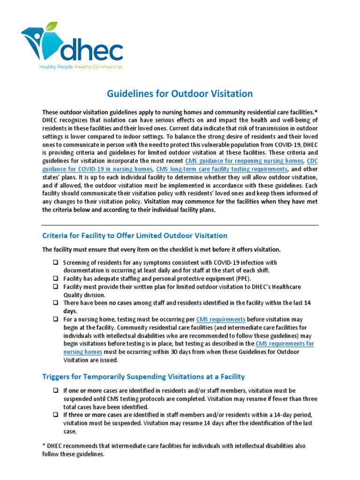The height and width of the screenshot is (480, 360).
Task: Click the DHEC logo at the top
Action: (x=72, y=47)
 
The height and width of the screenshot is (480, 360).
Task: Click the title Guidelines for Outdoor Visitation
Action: (x=180, y=94)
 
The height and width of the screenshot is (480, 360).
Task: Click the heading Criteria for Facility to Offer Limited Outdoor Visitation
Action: (x=135, y=235)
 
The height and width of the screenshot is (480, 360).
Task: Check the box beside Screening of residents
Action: (x=55, y=262)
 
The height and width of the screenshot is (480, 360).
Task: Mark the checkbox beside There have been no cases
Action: (x=55, y=303)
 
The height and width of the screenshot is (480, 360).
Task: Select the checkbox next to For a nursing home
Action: (x=55, y=319)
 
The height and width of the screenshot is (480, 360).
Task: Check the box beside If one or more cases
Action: (x=55, y=390)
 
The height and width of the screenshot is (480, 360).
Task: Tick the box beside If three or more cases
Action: (x=55, y=415)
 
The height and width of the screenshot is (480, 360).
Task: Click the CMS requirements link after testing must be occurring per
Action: (x=221, y=319)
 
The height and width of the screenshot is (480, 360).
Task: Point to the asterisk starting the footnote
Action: (x=44, y=446)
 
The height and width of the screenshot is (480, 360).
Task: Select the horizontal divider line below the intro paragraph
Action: (x=180, y=225)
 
